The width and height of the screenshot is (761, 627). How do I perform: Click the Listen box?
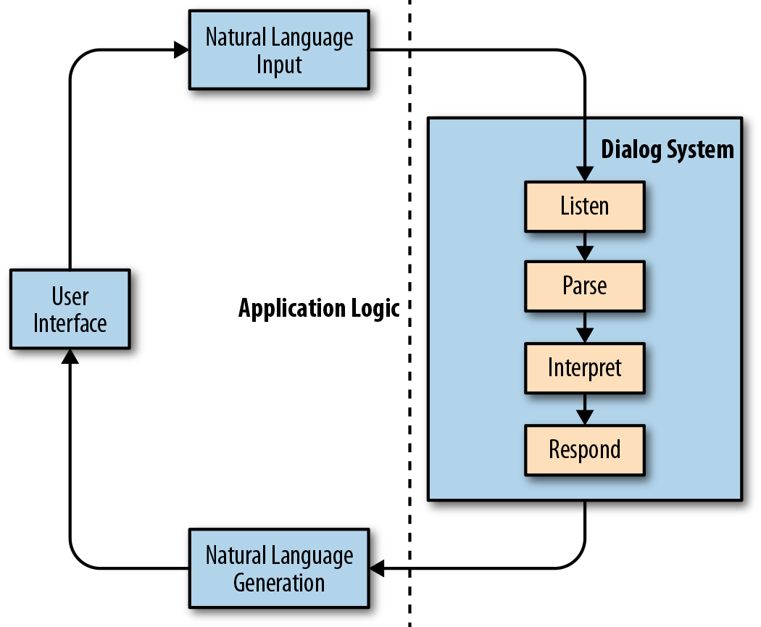[584, 207]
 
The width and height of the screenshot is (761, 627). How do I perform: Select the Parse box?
[584, 286]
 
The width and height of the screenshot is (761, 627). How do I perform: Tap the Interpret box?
[584, 368]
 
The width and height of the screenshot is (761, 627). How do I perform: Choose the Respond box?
[584, 449]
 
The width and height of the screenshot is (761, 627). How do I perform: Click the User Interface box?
[70, 310]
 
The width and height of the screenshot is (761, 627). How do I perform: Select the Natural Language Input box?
[279, 51]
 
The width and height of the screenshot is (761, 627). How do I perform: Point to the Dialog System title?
[667, 149]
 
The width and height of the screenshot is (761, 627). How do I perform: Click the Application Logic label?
[319, 309]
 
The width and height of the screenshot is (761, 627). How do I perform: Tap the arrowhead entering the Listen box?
[584, 173]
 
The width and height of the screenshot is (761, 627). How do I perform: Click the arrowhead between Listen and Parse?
[584, 253]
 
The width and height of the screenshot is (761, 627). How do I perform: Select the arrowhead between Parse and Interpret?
[584, 334]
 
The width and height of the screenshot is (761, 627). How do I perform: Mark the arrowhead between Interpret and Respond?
[584, 417]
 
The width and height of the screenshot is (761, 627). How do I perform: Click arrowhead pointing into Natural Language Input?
[181, 50]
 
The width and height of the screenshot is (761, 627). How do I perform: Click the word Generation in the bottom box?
[279, 583]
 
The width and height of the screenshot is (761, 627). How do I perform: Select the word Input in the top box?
[279, 65]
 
